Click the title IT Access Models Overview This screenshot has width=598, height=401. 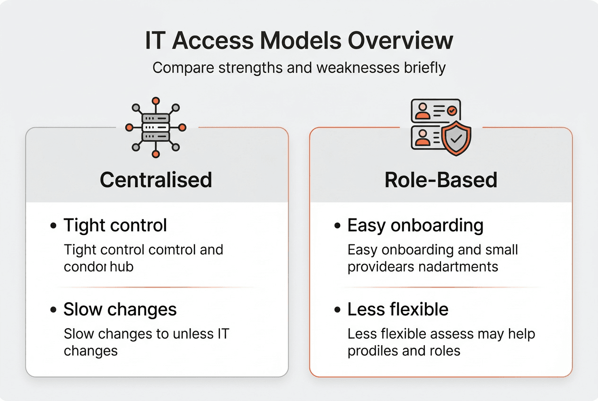299,41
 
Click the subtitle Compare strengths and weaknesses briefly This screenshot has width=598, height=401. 299,68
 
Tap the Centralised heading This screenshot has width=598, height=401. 156,180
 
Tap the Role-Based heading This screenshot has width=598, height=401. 441,180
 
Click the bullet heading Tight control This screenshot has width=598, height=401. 115,226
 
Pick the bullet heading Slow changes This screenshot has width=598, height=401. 120,310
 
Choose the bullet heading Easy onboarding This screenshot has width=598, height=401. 415,226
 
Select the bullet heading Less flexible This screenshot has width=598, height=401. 397,310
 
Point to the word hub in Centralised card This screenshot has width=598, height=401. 123,267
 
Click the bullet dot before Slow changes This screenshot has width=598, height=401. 53,310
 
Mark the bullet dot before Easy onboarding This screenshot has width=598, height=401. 337,226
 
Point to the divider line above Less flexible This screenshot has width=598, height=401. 441,287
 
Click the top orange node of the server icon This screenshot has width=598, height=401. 156,101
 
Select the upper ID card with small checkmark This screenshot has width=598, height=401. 435,111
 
